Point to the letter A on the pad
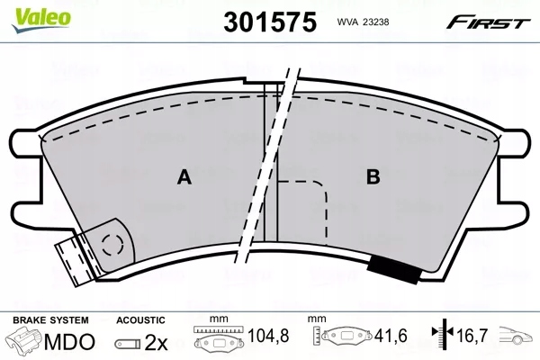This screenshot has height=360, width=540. [x=184, y=178]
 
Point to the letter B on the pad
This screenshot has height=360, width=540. [x=372, y=178]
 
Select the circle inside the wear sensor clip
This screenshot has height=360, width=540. [x=112, y=243]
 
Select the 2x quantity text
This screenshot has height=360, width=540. [x=156, y=342]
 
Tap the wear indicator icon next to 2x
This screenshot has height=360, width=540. [x=128, y=343]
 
